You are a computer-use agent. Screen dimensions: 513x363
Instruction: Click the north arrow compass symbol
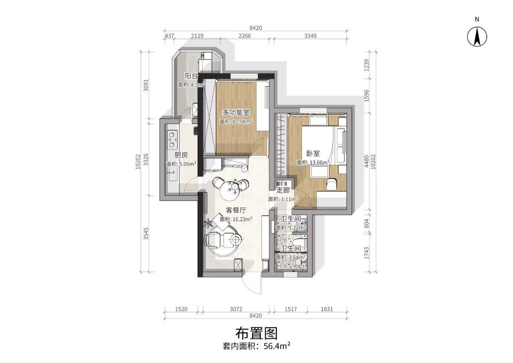tap(477, 37)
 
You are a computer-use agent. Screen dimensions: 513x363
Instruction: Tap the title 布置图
tap(256, 333)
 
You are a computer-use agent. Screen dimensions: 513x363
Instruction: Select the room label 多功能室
tap(236, 113)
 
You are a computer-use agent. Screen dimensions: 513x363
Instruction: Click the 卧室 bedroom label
tap(313, 153)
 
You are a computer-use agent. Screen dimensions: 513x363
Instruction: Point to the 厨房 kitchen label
tap(181, 155)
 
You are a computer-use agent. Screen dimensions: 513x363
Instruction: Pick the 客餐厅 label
tap(236, 210)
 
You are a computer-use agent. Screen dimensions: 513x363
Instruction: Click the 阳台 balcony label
tap(191, 76)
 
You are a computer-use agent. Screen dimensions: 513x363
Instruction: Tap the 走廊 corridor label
tap(283, 190)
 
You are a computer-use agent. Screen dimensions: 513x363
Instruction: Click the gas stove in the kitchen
tap(172, 139)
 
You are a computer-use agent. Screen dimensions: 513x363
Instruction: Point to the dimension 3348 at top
tap(310, 36)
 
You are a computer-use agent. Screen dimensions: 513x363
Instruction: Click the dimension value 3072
tap(236, 309)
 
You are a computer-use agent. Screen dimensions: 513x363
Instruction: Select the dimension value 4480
tap(366, 161)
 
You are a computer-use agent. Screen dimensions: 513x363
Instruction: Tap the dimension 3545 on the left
tap(146, 234)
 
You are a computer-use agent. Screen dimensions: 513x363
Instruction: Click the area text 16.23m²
tap(242, 219)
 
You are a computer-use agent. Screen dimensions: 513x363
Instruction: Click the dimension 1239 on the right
tap(366, 65)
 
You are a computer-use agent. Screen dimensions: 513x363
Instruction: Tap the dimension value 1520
tap(181, 309)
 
